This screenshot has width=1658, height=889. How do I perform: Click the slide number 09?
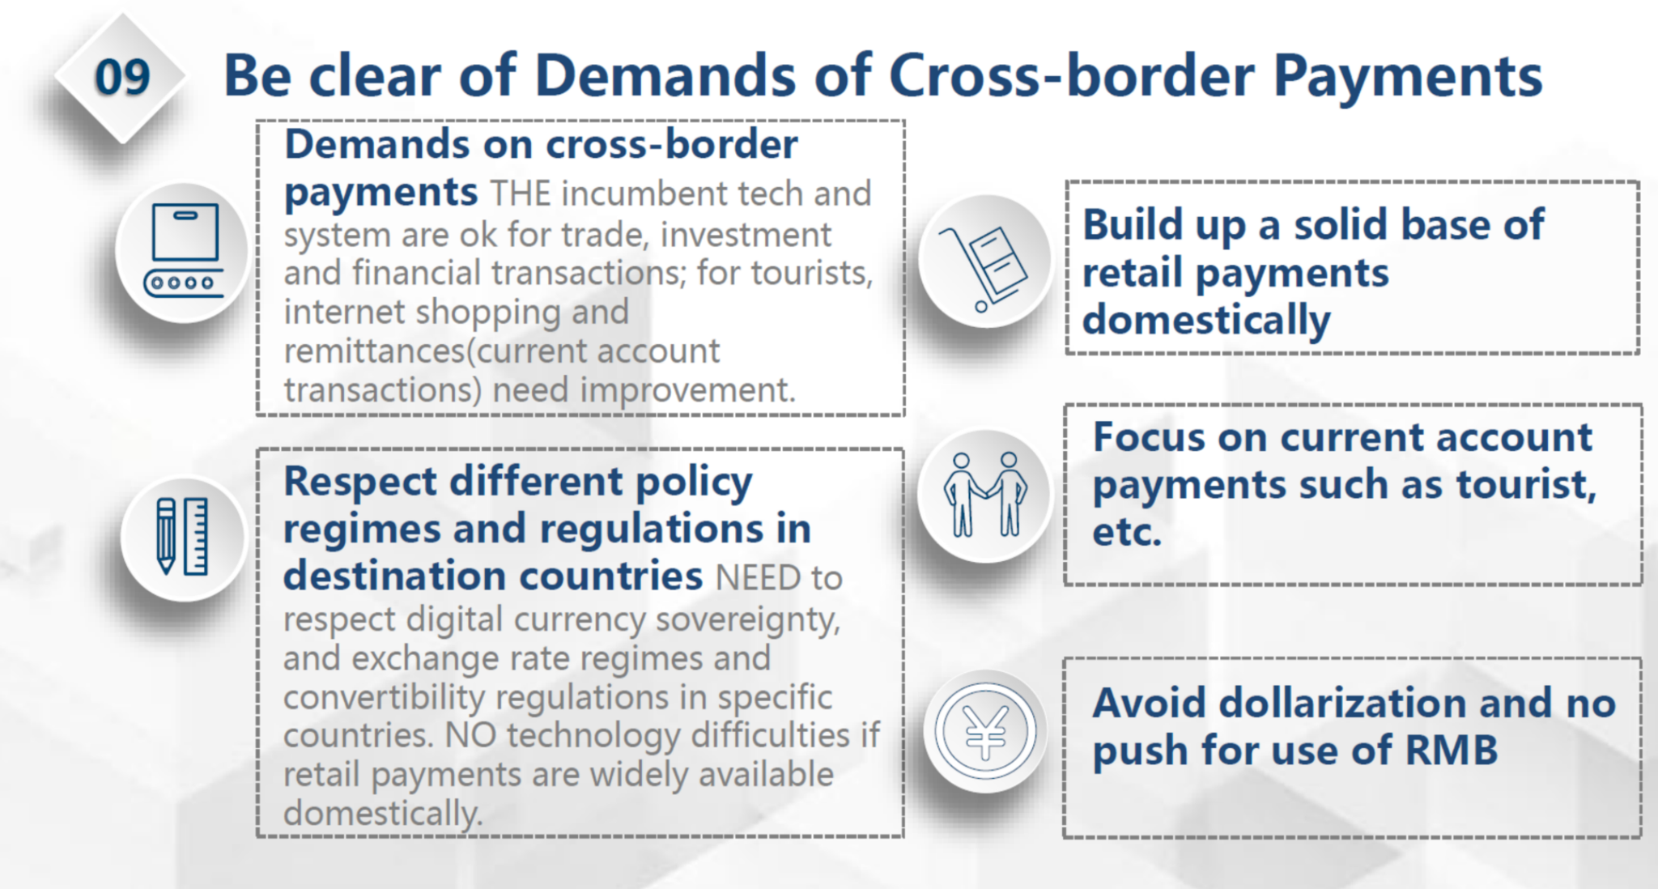[122, 78]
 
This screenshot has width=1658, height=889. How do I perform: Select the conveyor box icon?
[184, 250]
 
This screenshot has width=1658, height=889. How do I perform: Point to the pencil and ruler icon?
[182, 537]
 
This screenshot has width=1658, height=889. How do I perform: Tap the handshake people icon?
[985, 494]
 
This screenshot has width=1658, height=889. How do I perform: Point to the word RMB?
[1451, 750]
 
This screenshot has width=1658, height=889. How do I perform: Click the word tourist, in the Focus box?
[1526, 485]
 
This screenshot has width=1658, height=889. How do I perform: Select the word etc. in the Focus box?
[1127, 533]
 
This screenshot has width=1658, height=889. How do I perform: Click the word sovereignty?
[748, 621]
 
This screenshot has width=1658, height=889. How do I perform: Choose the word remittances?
[378, 351]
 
